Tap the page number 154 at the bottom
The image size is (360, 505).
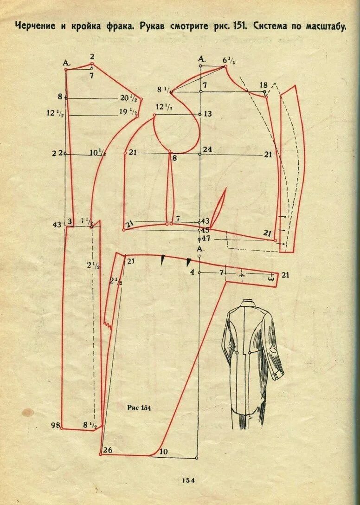point(188,480)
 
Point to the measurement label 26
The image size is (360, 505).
point(108,450)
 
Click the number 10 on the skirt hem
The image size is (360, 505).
point(163,451)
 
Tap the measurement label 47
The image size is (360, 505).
point(206,238)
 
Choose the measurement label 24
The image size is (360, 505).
point(207,149)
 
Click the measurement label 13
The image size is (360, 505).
point(207,114)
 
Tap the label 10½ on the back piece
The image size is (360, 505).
point(97,153)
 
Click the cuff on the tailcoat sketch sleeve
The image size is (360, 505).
point(278,371)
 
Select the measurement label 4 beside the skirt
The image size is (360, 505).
point(192,272)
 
